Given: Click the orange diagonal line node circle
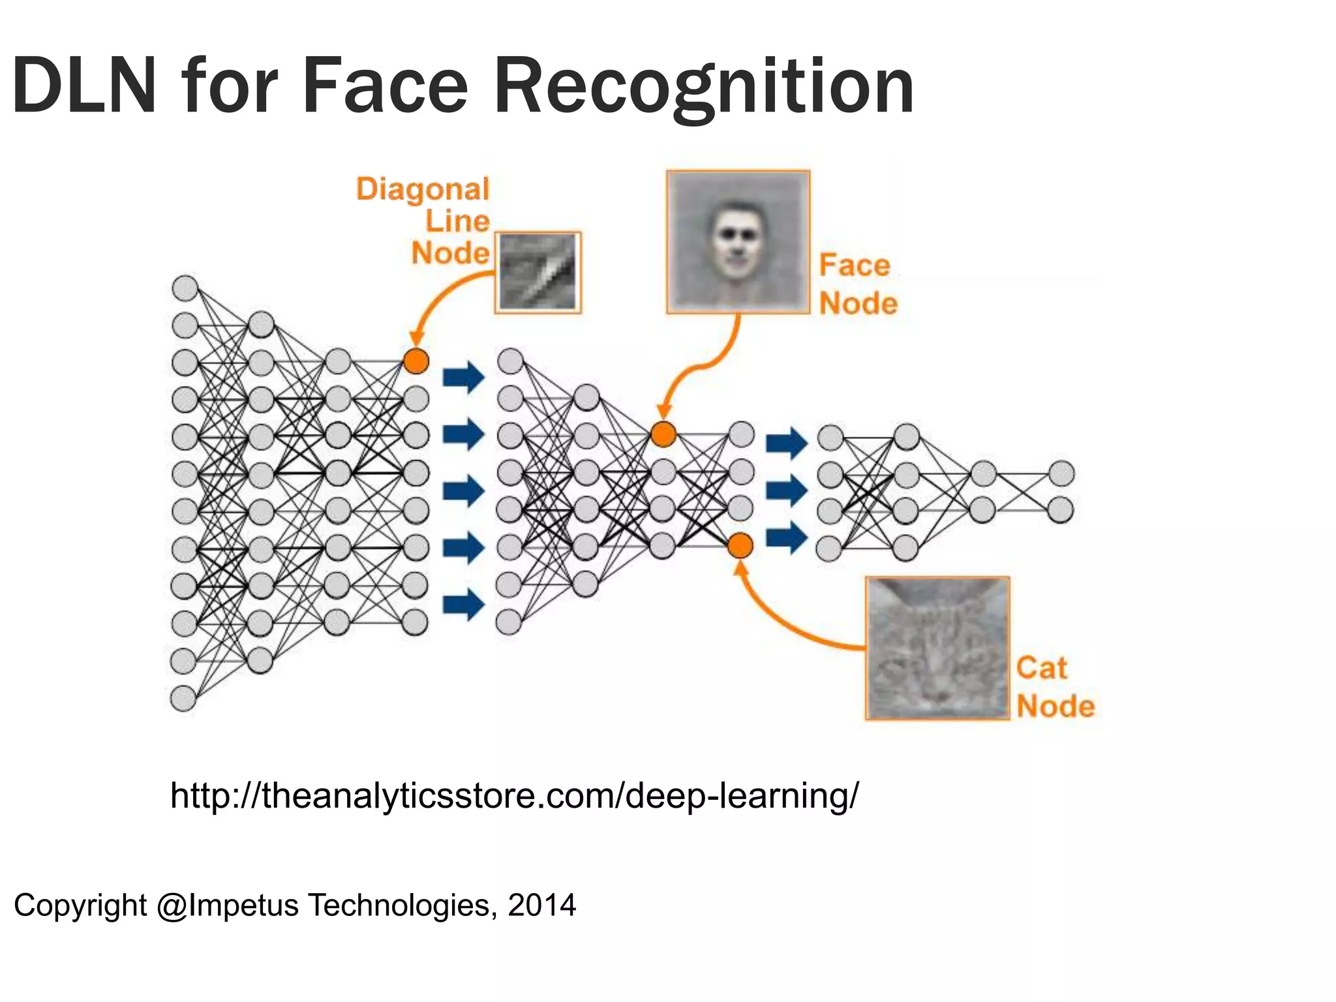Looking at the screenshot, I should click(x=416, y=360).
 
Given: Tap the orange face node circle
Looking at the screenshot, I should click(x=663, y=434).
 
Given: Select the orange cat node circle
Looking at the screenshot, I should click(x=740, y=545).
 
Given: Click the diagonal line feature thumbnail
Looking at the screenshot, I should click(x=538, y=273).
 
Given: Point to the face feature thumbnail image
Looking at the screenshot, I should click(x=738, y=242).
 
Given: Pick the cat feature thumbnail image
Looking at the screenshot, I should click(x=937, y=648).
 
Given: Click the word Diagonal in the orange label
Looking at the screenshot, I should click(x=423, y=189).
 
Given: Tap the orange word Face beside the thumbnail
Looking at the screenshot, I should click(x=855, y=266).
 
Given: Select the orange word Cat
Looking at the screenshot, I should click(x=1041, y=668).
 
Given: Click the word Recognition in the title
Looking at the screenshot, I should click(x=705, y=87).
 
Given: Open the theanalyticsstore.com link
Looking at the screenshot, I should click(x=514, y=796).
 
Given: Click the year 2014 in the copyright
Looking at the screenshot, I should click(x=542, y=905).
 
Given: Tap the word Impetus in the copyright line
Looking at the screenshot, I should click(x=243, y=905).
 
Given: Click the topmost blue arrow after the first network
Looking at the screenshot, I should click(x=463, y=377).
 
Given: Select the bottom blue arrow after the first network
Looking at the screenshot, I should click(x=463, y=604).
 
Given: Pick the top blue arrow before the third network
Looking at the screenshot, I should click(x=786, y=443).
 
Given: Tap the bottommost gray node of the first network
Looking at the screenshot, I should click(x=183, y=699).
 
